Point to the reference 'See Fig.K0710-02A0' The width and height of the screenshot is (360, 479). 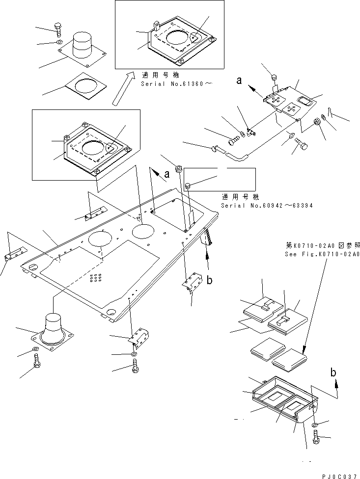coord(322,254)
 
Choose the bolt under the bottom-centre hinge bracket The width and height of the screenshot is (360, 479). coord(136,366)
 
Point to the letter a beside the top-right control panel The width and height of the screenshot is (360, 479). coord(239,82)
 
